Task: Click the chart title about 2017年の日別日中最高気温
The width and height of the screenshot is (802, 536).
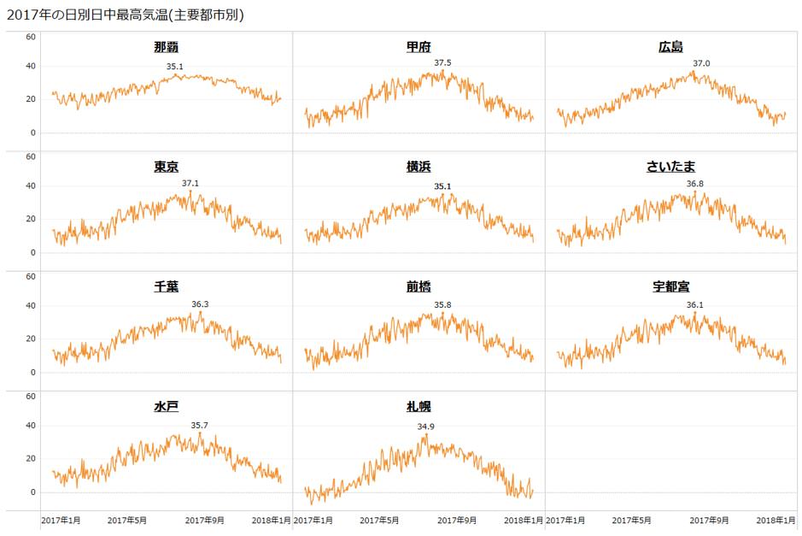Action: tap(125, 15)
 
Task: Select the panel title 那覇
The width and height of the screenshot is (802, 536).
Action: tap(167, 47)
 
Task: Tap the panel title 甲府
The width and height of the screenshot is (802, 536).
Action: tap(419, 47)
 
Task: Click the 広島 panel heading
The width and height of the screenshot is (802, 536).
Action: tap(671, 47)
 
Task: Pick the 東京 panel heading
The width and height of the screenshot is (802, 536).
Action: tap(167, 167)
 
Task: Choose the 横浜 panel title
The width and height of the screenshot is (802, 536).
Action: tap(419, 167)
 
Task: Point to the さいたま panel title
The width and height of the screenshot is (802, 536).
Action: tap(671, 167)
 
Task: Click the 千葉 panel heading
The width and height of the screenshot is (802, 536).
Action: tap(167, 286)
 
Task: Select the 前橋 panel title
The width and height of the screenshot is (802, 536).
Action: tap(419, 286)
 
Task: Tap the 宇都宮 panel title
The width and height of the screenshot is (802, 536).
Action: tap(671, 286)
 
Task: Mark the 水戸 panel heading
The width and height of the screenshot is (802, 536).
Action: tap(167, 406)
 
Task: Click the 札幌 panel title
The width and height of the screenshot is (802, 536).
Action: tap(419, 406)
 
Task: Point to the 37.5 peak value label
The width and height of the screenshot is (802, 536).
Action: tap(442, 63)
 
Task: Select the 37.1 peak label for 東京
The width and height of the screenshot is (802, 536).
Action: tap(190, 183)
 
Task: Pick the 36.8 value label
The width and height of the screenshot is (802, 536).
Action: tap(695, 184)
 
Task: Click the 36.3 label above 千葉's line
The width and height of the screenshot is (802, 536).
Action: tap(200, 303)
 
